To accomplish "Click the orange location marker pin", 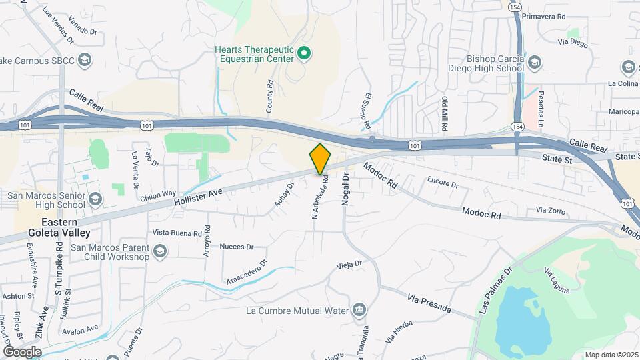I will click(x=320, y=159).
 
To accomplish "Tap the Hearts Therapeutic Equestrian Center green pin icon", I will click(x=304, y=53).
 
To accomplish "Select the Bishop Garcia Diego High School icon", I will click(x=534, y=64).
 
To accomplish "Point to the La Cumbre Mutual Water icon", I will click(x=359, y=310).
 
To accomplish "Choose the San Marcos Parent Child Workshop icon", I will click(x=159, y=251).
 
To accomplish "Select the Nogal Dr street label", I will click(x=346, y=189).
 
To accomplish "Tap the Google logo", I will click(x=22, y=351).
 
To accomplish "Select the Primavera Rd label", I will click(x=544, y=15).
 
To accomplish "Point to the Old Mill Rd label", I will click(x=445, y=113).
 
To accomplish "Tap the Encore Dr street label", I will click(x=443, y=182).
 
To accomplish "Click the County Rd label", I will click(x=270, y=96).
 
